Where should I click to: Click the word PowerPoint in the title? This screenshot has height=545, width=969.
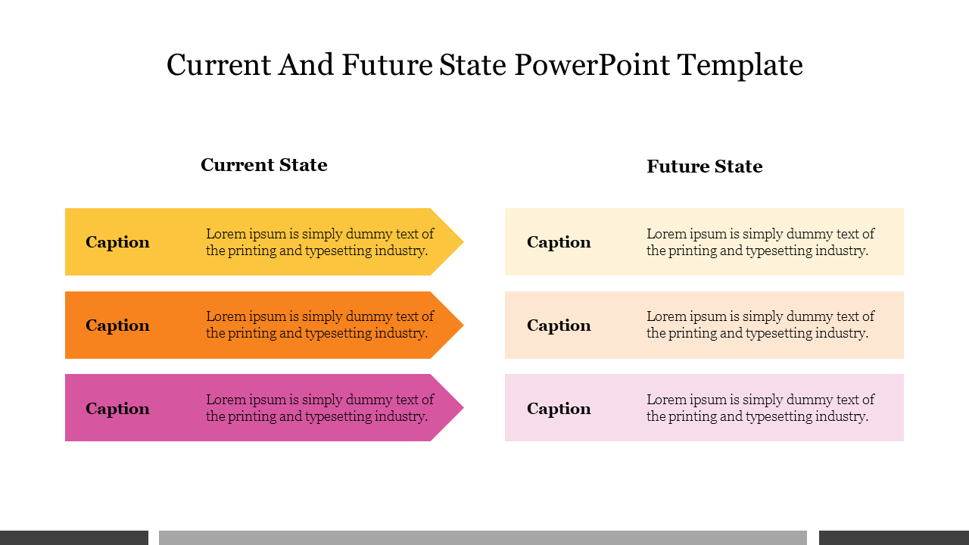pos(592,65)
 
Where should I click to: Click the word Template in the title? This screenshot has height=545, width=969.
pos(740,66)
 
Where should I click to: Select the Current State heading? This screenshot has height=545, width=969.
pos(264,165)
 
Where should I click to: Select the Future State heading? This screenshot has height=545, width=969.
pos(705,166)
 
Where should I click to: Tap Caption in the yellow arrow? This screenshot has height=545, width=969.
pos(117,242)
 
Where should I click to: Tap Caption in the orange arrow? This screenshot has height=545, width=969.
pos(117,325)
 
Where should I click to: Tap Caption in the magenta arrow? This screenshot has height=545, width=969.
pos(117,409)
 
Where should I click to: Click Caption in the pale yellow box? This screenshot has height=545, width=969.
pos(559,242)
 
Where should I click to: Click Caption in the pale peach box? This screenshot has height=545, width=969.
pos(559,325)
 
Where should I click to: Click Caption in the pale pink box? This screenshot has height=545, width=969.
pos(559,409)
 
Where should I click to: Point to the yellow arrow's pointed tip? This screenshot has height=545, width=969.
pos(463,241)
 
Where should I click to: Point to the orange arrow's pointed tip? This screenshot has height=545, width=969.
pos(463,325)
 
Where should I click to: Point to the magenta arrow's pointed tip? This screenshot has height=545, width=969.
pos(463,407)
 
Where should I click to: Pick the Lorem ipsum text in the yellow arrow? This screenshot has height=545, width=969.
pos(319,241)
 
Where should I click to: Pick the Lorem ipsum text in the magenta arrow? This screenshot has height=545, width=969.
pos(319,407)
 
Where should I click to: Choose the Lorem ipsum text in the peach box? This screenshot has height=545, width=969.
pos(761,325)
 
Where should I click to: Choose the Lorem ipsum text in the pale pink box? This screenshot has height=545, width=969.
pos(761,407)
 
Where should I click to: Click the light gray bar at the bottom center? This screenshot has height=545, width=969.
pos(483,537)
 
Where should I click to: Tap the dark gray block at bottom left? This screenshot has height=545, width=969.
pos(74,537)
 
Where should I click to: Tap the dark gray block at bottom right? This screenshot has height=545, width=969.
pos(894,537)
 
